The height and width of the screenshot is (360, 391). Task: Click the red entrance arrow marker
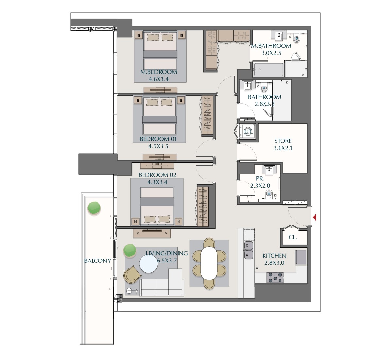pyautogui.click(x=314, y=217)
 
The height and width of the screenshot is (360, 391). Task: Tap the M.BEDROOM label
pyautogui.click(x=159, y=72)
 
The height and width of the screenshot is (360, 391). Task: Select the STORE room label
pyautogui.click(x=283, y=141)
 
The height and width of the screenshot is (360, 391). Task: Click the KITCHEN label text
pyautogui.click(x=274, y=256)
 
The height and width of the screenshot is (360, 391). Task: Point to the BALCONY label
pyautogui.click(x=97, y=261)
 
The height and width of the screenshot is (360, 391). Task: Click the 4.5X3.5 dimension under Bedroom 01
pyautogui.click(x=158, y=146)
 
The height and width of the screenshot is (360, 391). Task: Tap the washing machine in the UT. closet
pyautogui.click(x=248, y=131)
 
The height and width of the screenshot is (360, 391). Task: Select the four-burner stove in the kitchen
pyautogui.click(x=275, y=278)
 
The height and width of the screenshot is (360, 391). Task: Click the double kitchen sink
pyautogui.click(x=248, y=250)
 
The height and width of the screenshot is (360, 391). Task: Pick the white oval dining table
pyautogui.click(x=209, y=263)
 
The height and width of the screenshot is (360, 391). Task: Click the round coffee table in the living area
pyautogui.click(x=148, y=264)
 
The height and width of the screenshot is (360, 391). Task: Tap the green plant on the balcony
pyautogui.click(x=94, y=208)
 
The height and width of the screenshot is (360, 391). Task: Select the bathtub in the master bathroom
pyautogui.click(x=268, y=70)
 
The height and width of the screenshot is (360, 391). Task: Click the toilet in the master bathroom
pyautogui.click(x=297, y=38)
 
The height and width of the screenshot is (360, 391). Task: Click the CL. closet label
pyautogui.click(x=293, y=237)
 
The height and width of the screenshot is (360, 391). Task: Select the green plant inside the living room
pyautogui.click(x=129, y=250)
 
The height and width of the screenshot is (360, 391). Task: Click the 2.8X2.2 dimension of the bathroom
pyautogui.click(x=264, y=104)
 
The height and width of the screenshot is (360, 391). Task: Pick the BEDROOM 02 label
pyautogui.click(x=157, y=175)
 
